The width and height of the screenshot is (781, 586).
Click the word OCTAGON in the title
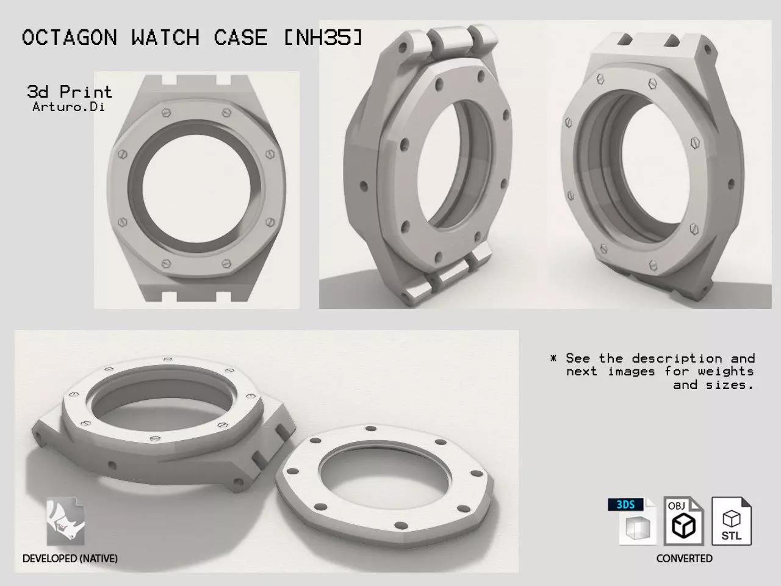point(69,38)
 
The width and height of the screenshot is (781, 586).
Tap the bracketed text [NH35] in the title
point(323,38)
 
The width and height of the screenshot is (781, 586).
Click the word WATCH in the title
point(165,38)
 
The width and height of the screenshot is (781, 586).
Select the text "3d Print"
point(70,92)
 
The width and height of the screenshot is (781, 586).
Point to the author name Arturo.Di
point(68,107)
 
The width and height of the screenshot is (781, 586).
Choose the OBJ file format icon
point(683,521)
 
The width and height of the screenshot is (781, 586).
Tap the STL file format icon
point(732,521)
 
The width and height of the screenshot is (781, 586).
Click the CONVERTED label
point(684,559)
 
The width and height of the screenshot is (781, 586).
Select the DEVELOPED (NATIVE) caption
point(70,559)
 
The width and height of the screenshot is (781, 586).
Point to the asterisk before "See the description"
point(553,358)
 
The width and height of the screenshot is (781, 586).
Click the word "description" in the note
point(677,358)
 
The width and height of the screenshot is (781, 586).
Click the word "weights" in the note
point(725,371)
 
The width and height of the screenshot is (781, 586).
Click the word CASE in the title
point(240,38)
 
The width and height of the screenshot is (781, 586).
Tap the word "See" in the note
point(578,358)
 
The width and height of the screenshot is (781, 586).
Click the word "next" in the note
point(581,371)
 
